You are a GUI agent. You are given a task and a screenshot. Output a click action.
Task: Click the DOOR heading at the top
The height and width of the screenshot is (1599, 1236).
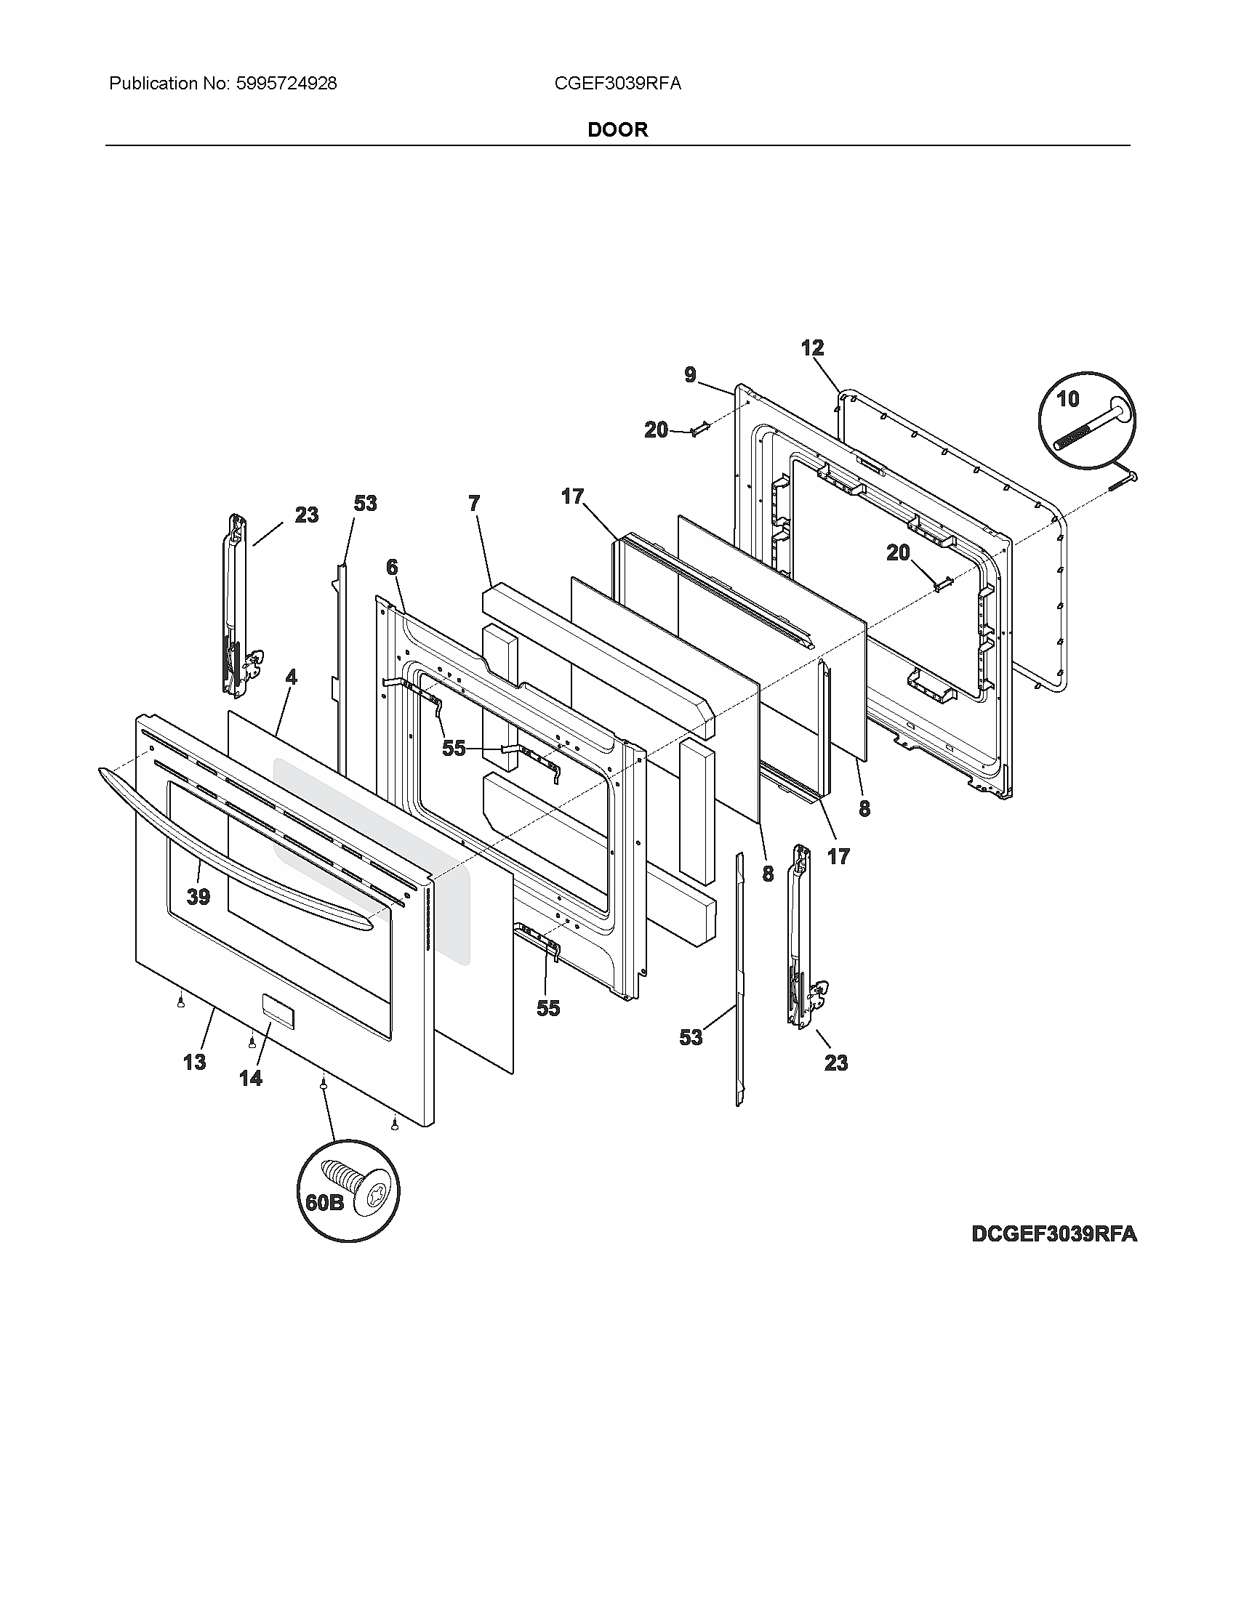click(617, 129)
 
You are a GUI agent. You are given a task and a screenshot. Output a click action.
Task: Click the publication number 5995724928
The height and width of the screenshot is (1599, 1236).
click(286, 84)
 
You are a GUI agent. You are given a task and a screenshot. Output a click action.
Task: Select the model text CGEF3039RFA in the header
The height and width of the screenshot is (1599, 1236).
click(617, 84)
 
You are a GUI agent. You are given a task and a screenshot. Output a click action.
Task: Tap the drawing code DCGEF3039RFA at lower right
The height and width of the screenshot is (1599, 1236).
click(1054, 1233)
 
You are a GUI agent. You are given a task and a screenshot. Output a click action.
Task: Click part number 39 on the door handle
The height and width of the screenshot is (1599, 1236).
click(198, 896)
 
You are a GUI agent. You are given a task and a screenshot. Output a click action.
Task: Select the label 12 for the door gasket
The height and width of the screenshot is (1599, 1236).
click(812, 347)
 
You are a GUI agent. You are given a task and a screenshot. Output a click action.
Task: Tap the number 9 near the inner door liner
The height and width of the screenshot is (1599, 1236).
click(691, 375)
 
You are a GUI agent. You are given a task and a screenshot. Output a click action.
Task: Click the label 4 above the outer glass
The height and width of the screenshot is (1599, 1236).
click(292, 677)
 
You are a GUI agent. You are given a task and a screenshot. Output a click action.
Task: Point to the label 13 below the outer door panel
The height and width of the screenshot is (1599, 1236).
click(194, 1062)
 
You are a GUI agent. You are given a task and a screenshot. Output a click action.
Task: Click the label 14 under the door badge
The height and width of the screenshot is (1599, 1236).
click(250, 1078)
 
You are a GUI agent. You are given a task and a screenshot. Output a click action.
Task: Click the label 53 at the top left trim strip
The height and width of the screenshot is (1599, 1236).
click(365, 503)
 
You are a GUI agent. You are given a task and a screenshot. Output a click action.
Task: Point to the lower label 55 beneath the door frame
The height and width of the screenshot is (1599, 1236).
click(547, 1008)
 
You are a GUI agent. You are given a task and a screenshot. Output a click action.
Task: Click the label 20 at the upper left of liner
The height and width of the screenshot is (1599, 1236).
click(656, 430)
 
